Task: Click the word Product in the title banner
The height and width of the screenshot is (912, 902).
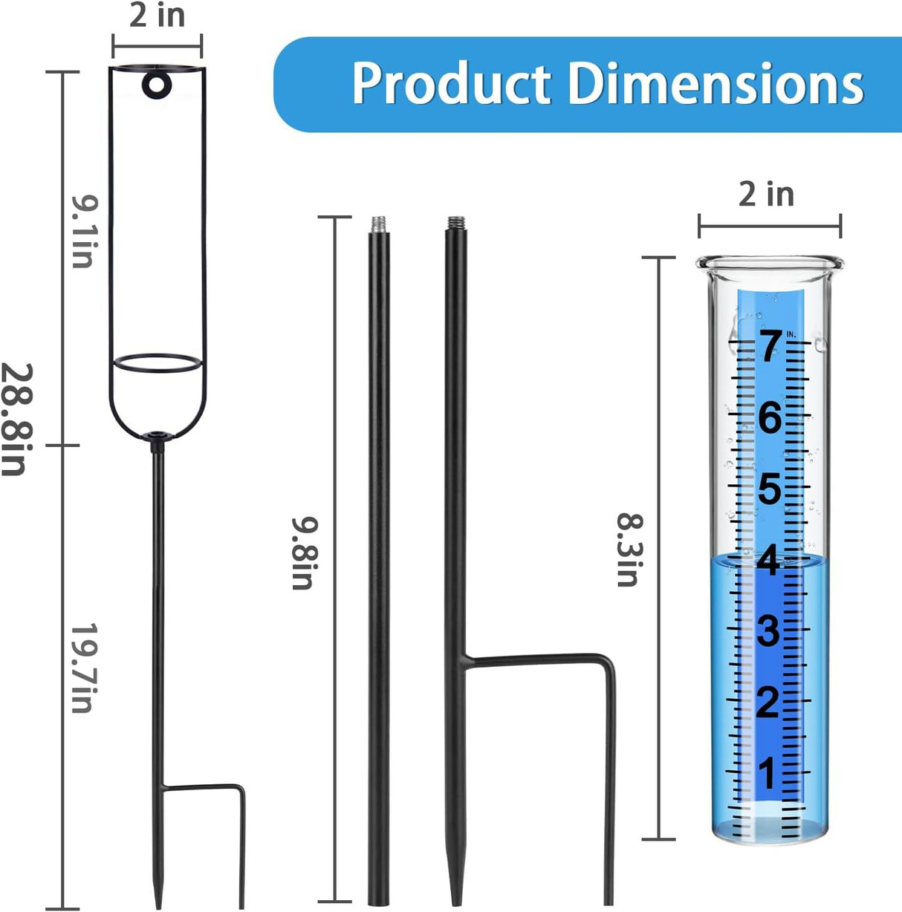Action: pyautogui.click(x=451, y=83)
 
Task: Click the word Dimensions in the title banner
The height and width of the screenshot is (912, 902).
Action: pyautogui.click(x=716, y=83)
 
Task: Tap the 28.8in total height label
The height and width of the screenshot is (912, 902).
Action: pyautogui.click(x=16, y=420)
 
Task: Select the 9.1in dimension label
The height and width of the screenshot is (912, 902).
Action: pyautogui.click(x=83, y=231)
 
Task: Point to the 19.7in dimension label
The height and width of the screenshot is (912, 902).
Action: pyautogui.click(x=83, y=668)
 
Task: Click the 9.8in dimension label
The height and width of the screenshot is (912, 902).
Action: pyautogui.click(x=304, y=553)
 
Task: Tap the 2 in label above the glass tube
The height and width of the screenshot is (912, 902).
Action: pyautogui.click(x=766, y=195)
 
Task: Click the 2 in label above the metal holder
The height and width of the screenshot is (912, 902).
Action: pyautogui.click(x=157, y=16)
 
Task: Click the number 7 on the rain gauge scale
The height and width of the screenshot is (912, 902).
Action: pyautogui.click(x=770, y=346)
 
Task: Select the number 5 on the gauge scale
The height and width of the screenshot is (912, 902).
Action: pyautogui.click(x=770, y=489)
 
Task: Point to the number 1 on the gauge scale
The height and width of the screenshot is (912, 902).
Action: pyautogui.click(x=768, y=773)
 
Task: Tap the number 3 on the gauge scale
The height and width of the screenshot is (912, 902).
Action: pyautogui.click(x=768, y=631)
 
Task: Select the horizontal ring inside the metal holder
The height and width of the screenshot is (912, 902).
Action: pyautogui.click(x=158, y=363)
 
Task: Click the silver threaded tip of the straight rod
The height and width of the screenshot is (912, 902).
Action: pyautogui.click(x=379, y=223)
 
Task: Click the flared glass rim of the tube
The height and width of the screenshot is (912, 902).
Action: pyautogui.click(x=770, y=263)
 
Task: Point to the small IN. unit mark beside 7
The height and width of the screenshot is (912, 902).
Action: pyautogui.click(x=791, y=334)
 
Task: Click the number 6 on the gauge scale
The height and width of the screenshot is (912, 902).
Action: pyautogui.click(x=770, y=417)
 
